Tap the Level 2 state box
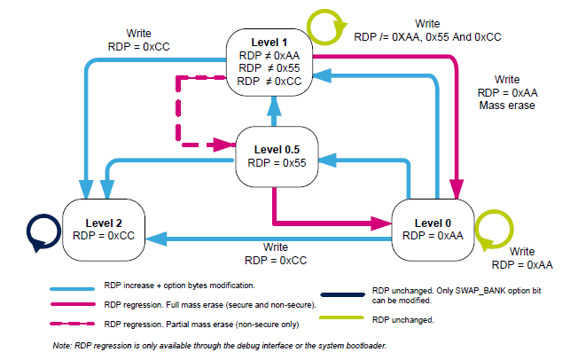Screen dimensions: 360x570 click(x=104, y=228)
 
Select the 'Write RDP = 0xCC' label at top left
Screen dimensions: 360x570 click(x=127, y=39)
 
